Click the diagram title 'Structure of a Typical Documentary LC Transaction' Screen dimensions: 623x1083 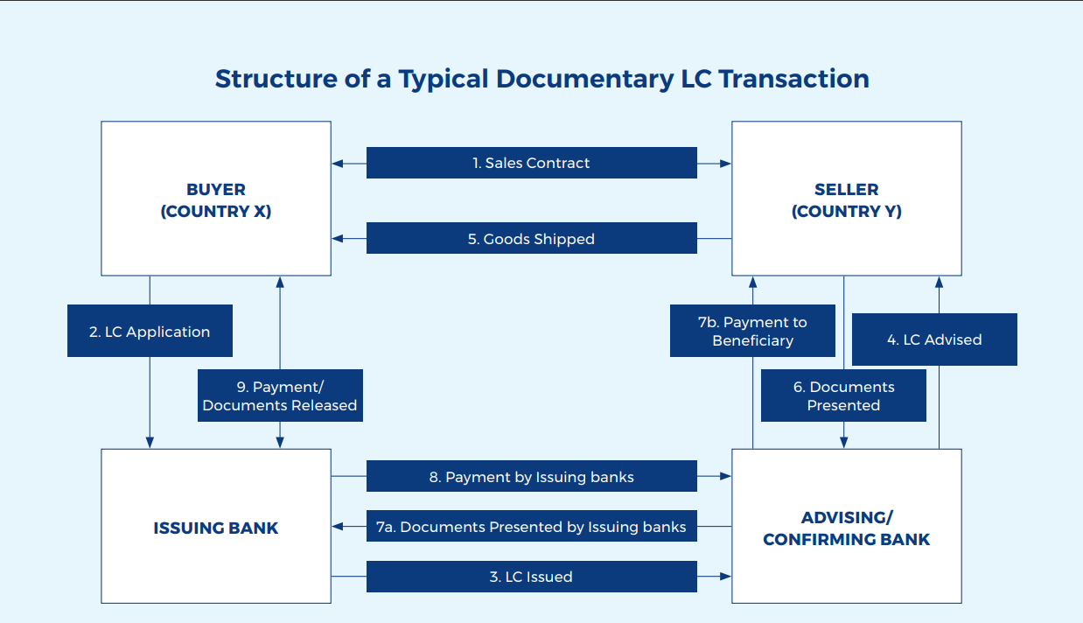[x=541, y=79]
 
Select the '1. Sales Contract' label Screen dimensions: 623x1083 [x=531, y=163]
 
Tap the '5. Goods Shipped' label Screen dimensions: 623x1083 [x=531, y=239]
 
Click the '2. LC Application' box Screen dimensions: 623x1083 [x=150, y=332]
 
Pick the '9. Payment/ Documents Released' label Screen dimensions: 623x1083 [x=280, y=395]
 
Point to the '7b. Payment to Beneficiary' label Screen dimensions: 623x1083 [x=752, y=331]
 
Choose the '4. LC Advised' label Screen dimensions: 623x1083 [x=933, y=339]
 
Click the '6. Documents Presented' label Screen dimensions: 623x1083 [x=843, y=395]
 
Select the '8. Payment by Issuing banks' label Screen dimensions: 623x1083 [x=531, y=477]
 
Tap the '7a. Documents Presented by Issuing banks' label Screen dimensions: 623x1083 [x=531, y=527]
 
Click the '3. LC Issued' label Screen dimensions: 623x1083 [x=531, y=577]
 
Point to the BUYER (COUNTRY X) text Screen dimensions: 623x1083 [x=216, y=200]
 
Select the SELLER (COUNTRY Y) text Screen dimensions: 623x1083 [x=846, y=200]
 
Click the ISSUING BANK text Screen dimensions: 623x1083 [x=216, y=528]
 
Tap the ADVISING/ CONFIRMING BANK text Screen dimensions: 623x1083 [x=846, y=528]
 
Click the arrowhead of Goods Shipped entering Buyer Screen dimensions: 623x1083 [x=338, y=239]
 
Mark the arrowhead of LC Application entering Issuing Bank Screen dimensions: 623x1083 [x=150, y=443]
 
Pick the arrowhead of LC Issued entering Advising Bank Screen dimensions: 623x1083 [x=725, y=577]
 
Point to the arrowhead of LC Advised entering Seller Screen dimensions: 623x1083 [x=939, y=283]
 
